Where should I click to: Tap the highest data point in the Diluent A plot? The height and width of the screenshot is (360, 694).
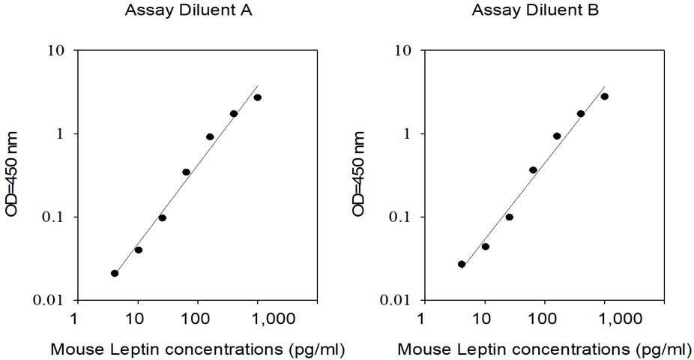[258, 97]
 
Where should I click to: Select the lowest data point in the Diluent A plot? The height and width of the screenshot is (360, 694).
[115, 273]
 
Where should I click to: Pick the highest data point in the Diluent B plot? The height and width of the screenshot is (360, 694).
[605, 96]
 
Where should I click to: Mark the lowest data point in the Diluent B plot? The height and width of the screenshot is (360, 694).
[462, 264]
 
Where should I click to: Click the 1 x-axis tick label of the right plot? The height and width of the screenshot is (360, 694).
[423, 319]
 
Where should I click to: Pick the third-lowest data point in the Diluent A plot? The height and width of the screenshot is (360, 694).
[162, 217]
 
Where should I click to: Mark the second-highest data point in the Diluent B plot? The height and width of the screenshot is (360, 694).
[581, 113]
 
